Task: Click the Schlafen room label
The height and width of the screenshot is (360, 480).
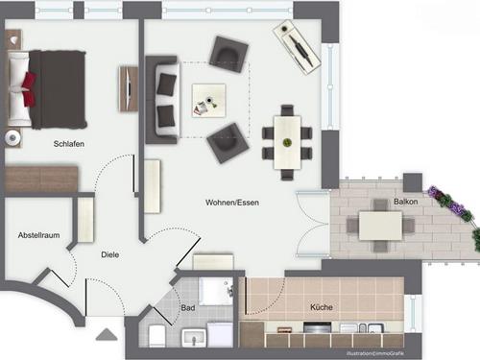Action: coord(70,144)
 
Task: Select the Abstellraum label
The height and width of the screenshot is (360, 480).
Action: coord(38,235)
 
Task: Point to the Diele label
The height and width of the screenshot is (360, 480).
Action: coord(111,254)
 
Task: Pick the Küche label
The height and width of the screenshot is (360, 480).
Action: coord(321,308)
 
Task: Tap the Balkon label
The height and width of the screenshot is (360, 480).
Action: coord(405,203)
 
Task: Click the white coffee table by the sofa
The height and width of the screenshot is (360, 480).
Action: coord(208,99)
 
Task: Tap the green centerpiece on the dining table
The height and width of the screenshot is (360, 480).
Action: coord(286,142)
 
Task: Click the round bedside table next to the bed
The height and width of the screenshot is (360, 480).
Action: coord(12,137)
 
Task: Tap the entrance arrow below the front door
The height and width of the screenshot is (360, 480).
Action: coord(106,336)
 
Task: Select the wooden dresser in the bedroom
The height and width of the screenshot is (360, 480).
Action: coord(41,180)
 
